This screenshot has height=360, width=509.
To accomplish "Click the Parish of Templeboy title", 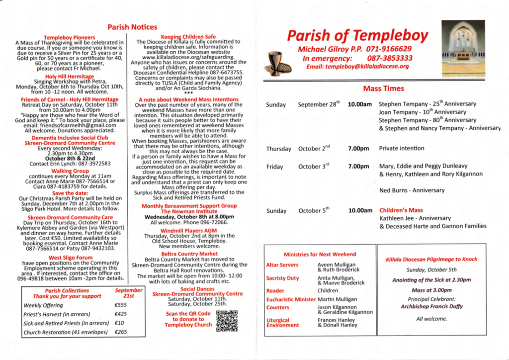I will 357,36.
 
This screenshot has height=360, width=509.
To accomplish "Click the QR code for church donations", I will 227,321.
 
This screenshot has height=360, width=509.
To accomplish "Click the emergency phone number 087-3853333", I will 390,58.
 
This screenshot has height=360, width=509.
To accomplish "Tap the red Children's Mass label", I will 401,210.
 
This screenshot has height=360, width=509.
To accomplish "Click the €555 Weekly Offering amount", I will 121,305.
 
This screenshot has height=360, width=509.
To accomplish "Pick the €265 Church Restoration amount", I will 121,332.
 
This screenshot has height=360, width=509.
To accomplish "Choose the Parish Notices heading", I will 132,27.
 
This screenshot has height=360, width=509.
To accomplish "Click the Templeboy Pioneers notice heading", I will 70,37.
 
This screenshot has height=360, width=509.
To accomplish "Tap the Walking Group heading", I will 70,171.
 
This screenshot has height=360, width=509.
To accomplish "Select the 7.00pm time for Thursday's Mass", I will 358,149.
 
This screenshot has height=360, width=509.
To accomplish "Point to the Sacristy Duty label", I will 282,278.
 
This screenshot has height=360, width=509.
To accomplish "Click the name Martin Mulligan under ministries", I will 337,299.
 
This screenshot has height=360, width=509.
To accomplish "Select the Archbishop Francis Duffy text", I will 431,307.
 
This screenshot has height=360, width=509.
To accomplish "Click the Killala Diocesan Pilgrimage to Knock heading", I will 431,260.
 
